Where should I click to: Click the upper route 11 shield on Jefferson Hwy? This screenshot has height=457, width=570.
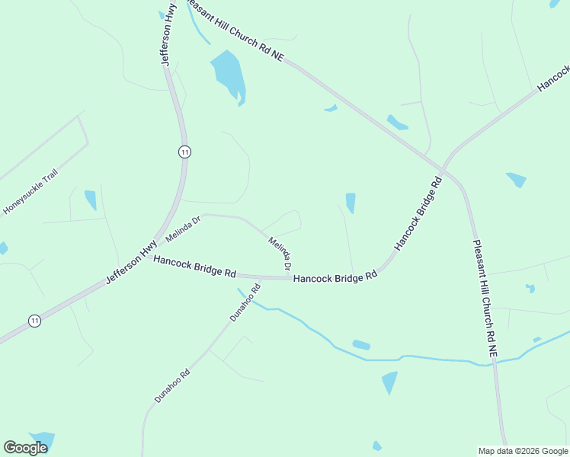[x=184, y=152]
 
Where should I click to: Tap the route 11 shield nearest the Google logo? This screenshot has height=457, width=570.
[x=34, y=321]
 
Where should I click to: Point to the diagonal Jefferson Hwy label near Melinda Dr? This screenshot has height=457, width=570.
[x=131, y=263]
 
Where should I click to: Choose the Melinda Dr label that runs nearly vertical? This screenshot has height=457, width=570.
[x=280, y=253]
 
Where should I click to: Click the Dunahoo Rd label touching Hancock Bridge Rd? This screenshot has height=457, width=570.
[x=245, y=302]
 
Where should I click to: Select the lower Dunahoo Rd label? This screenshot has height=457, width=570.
[x=171, y=386]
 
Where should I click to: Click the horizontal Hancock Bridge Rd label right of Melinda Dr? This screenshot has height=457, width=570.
[x=335, y=278]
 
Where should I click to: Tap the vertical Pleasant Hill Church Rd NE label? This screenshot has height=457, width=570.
[x=485, y=299]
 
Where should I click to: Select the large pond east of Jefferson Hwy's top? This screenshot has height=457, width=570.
[x=228, y=74]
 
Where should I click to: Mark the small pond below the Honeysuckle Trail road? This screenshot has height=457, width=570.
[x=91, y=200]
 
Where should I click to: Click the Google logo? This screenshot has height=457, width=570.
[x=25, y=448]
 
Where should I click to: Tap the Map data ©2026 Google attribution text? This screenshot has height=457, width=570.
[x=523, y=451]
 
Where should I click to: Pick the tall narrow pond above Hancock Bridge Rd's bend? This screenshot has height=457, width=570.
[x=351, y=203]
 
